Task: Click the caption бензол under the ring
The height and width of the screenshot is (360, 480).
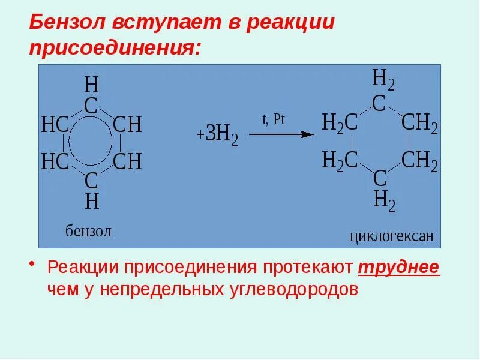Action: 88,231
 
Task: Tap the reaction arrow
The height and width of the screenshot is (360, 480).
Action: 281,134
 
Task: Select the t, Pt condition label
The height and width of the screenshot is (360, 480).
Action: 273,119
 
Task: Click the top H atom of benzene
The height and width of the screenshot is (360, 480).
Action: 91,83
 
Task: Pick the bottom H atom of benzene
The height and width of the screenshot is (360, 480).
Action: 91,202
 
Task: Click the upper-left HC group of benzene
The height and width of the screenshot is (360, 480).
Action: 55,125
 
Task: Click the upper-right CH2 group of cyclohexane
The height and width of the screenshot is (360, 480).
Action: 419,124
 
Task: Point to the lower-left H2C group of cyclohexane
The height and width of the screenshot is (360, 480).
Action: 340,160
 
